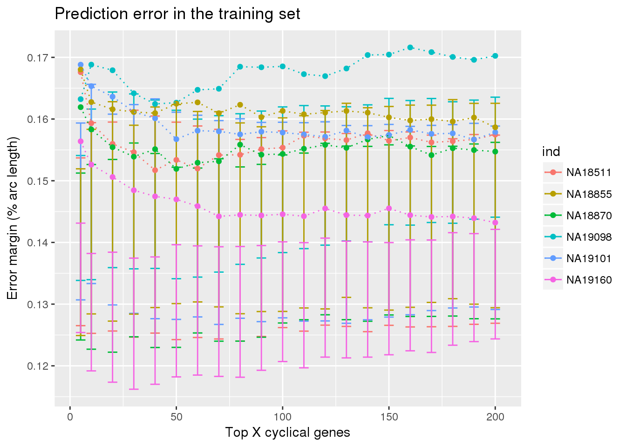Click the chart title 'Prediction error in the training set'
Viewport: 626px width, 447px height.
pos(177,14)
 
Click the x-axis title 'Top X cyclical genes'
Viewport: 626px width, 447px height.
pos(287,433)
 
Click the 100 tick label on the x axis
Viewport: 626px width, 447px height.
pos(282,417)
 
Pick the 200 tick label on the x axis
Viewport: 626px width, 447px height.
pos(495,417)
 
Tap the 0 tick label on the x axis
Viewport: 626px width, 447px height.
pos(70,417)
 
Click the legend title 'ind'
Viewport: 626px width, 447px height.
pos(551,152)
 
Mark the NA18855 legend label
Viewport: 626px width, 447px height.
pos(589,194)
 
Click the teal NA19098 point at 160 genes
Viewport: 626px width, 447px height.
pos(410,47)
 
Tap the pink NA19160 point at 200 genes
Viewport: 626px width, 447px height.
pos(495,223)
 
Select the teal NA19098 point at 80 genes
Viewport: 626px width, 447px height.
pos(240,67)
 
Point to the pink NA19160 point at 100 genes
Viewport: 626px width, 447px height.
pos(282,214)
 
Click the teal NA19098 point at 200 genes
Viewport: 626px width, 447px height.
pos(495,56)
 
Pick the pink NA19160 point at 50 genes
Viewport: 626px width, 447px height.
pos(176,199)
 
